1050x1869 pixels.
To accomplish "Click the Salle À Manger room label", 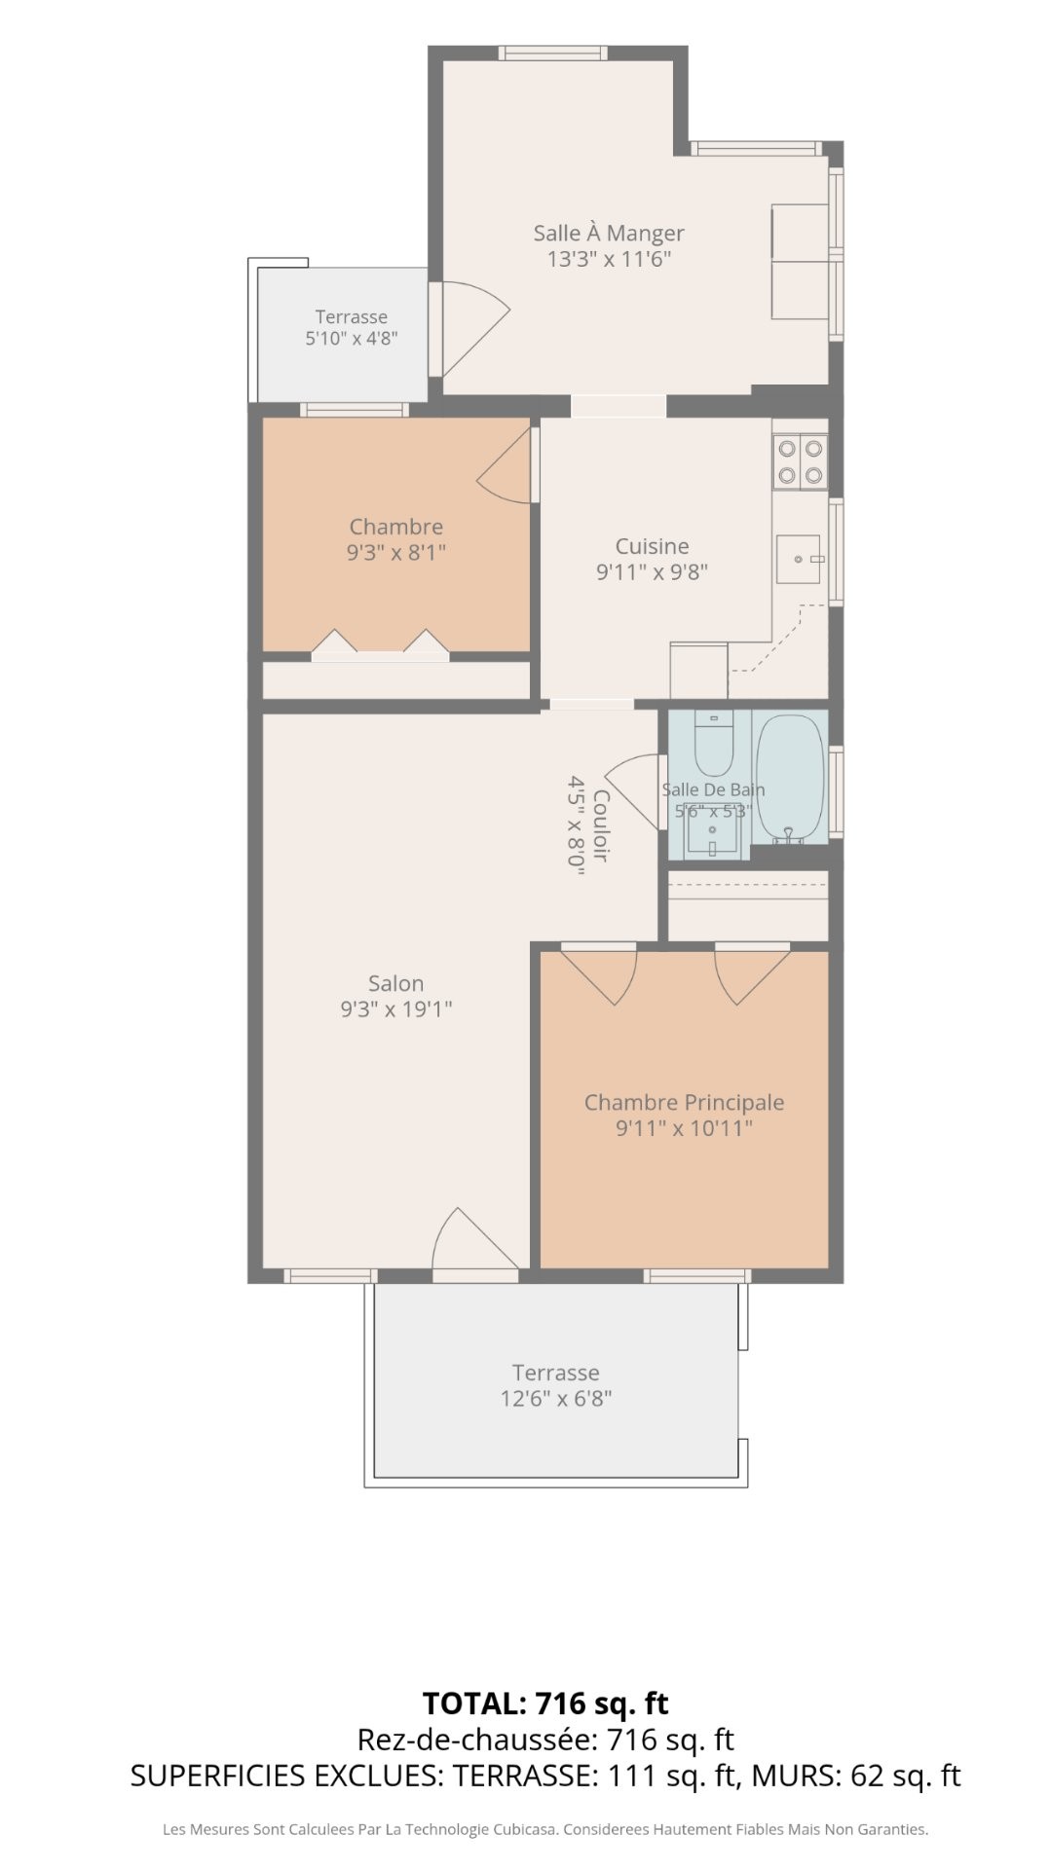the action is click(608, 234).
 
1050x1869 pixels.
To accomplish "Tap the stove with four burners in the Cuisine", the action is click(800, 461).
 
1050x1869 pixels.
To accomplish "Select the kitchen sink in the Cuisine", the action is click(799, 559).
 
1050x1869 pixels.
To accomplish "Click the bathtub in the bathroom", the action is click(791, 779).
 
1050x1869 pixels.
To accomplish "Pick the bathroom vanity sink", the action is click(712, 832).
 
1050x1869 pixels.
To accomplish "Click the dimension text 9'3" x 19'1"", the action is click(395, 1009).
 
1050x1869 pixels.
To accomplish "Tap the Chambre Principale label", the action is click(684, 1102).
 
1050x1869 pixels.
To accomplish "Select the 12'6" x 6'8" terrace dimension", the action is click(555, 1399).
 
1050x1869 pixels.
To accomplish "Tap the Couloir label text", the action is click(601, 825).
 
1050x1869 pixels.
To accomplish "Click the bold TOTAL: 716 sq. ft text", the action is click(545, 1704).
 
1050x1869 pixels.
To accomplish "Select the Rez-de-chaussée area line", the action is click(545, 1740).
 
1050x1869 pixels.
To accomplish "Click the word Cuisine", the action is click(652, 546).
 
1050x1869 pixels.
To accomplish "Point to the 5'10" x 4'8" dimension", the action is click(351, 339).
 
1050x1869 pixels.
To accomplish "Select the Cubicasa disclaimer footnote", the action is click(545, 1830).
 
